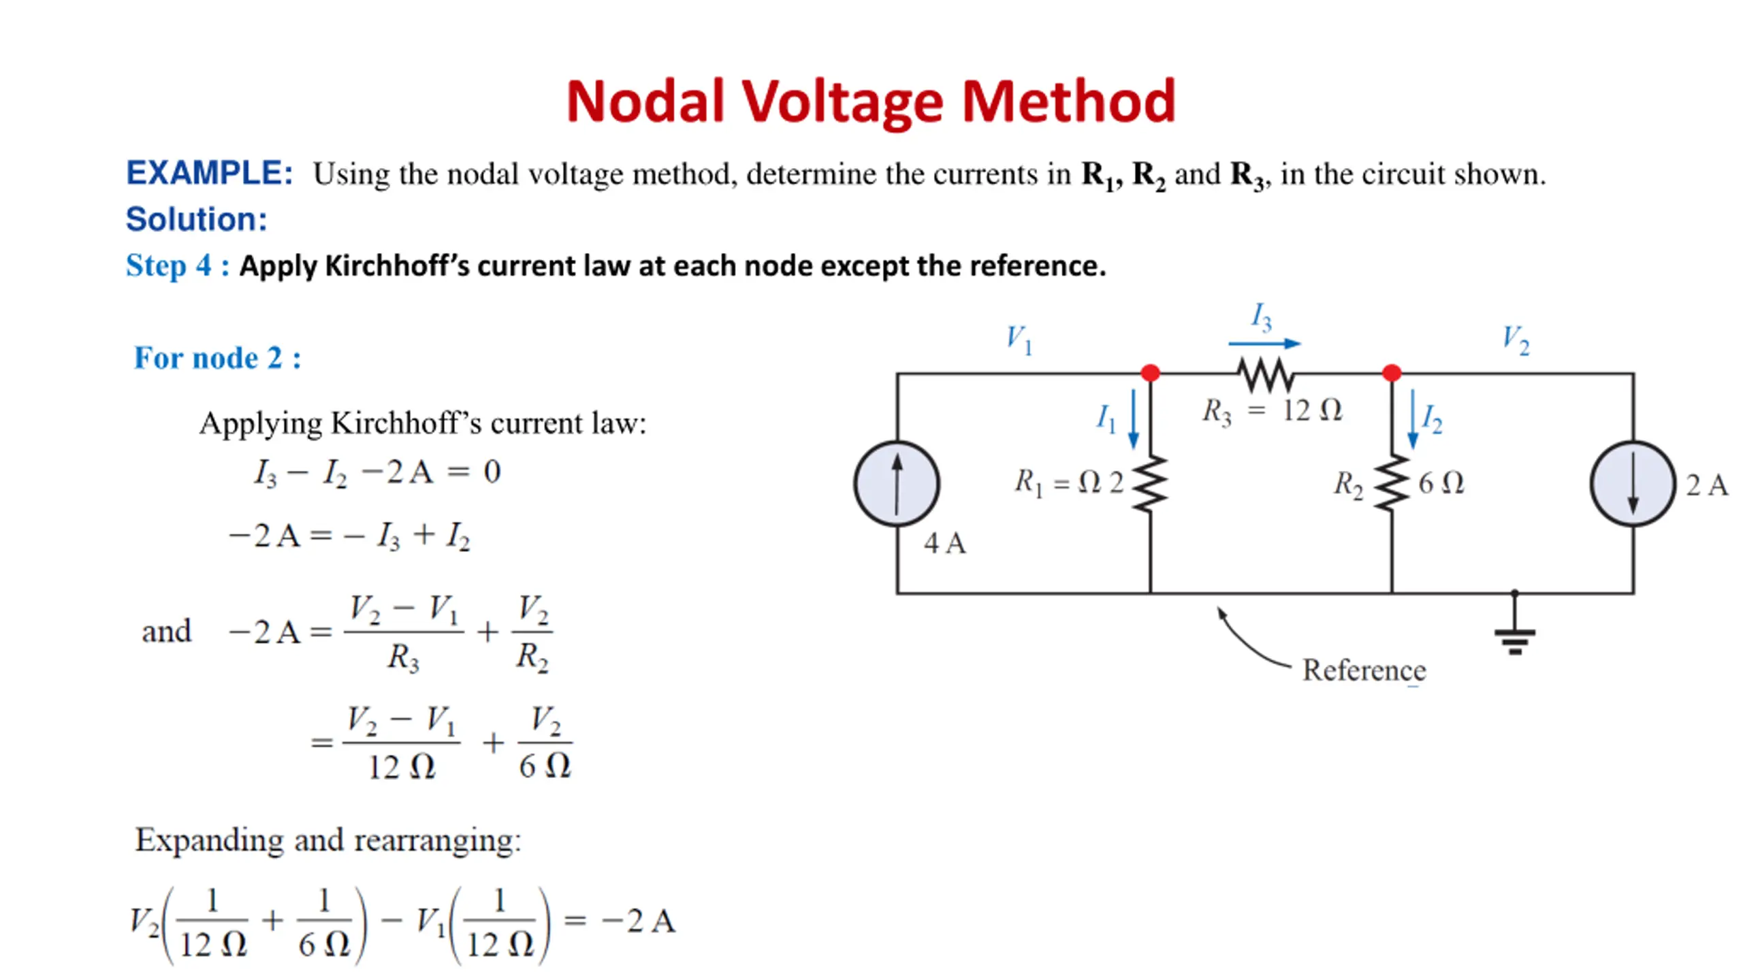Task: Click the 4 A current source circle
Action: pyautogui.click(x=897, y=484)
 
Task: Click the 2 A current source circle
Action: pyautogui.click(x=1633, y=484)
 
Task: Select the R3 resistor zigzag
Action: pyautogui.click(x=1266, y=374)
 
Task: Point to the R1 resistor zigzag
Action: pyautogui.click(x=1151, y=484)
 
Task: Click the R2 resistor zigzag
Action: pyautogui.click(x=1392, y=484)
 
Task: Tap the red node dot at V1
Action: pyautogui.click(x=1151, y=373)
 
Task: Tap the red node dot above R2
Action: pyautogui.click(x=1392, y=373)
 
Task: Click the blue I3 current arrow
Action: pyautogui.click(x=1264, y=344)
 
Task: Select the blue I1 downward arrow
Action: pyautogui.click(x=1134, y=419)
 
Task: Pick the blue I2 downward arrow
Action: pyautogui.click(x=1413, y=419)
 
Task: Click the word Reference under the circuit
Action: pyautogui.click(x=1364, y=670)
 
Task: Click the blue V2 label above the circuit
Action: pyautogui.click(x=1516, y=340)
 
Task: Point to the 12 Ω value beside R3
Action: pyautogui.click(x=1312, y=410)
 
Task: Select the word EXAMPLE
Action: pyautogui.click(x=209, y=174)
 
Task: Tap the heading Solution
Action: pyautogui.click(x=196, y=219)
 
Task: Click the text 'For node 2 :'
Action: pyautogui.click(x=217, y=358)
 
